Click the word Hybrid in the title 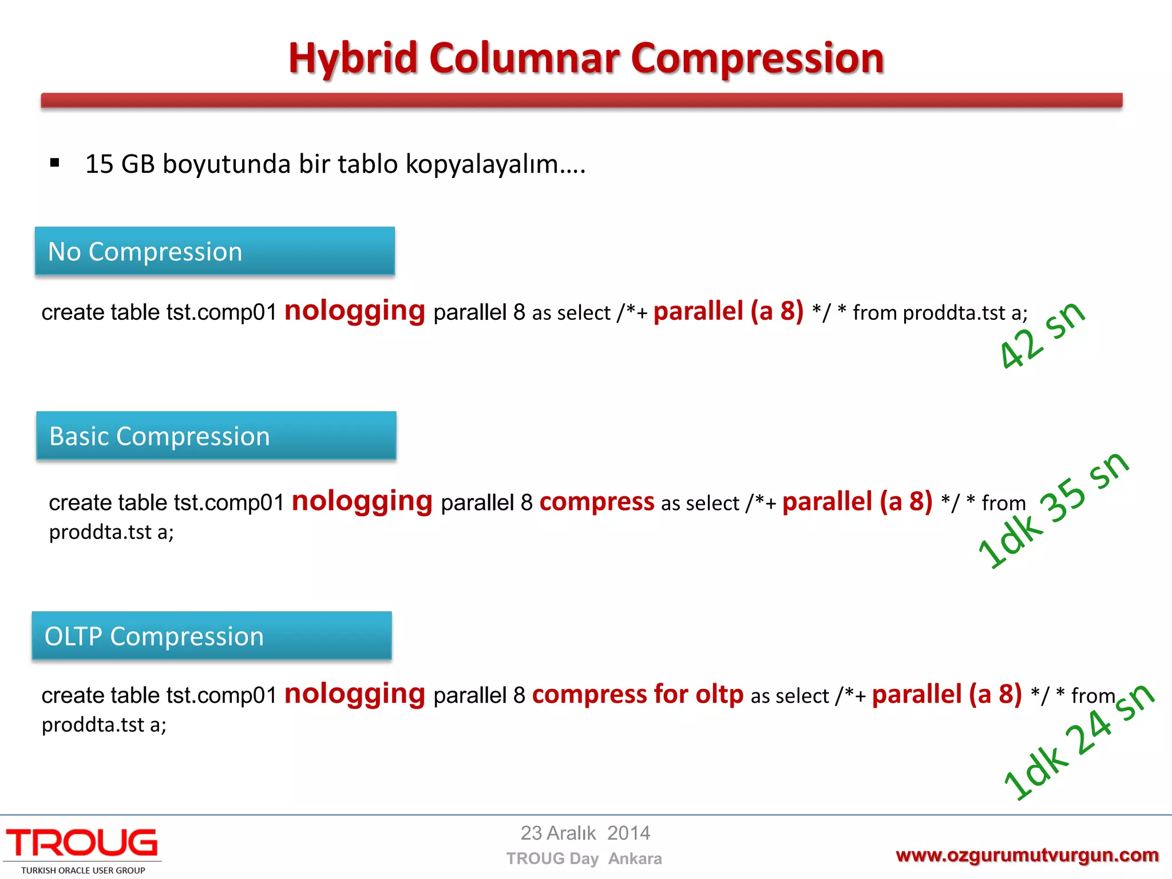353,58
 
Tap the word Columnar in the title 524,58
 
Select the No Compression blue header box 215,251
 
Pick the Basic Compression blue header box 216,435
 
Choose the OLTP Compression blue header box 212,636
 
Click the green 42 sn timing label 1042,335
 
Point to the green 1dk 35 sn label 1053,509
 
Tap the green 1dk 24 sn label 1079,741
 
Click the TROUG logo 82,843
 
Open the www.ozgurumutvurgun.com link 1027,855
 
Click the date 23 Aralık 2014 585,833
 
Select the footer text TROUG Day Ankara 584,858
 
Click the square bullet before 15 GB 55,163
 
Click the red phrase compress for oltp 638,694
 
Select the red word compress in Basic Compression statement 596,501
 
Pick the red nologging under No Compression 355,311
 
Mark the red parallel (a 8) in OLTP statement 947,694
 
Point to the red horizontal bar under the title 581,101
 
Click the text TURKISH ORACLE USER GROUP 83,870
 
